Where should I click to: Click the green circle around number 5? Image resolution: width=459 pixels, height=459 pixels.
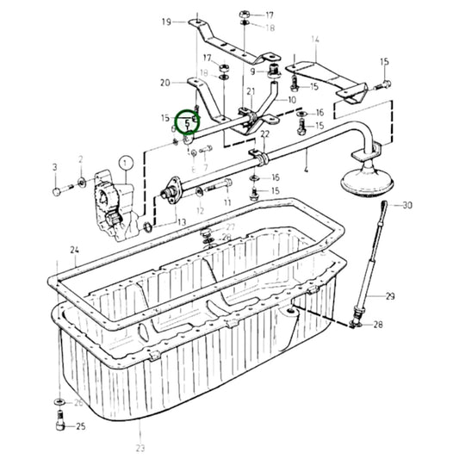tap(187, 124)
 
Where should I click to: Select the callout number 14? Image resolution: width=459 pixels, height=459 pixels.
tap(315, 40)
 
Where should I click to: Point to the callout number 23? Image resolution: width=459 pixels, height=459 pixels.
tap(140, 448)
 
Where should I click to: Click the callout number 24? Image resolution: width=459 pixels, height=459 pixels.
tap(75, 251)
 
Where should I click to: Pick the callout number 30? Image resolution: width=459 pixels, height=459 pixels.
tap(407, 205)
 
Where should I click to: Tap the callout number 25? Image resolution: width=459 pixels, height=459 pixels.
tap(80, 426)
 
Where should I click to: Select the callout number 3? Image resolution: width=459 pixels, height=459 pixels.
tap(54, 166)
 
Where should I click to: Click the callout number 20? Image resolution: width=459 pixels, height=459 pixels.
tap(165, 83)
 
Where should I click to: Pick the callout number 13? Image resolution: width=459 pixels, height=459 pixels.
tap(182, 222)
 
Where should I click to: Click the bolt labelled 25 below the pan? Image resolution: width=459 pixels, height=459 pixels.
tap(59, 421)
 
